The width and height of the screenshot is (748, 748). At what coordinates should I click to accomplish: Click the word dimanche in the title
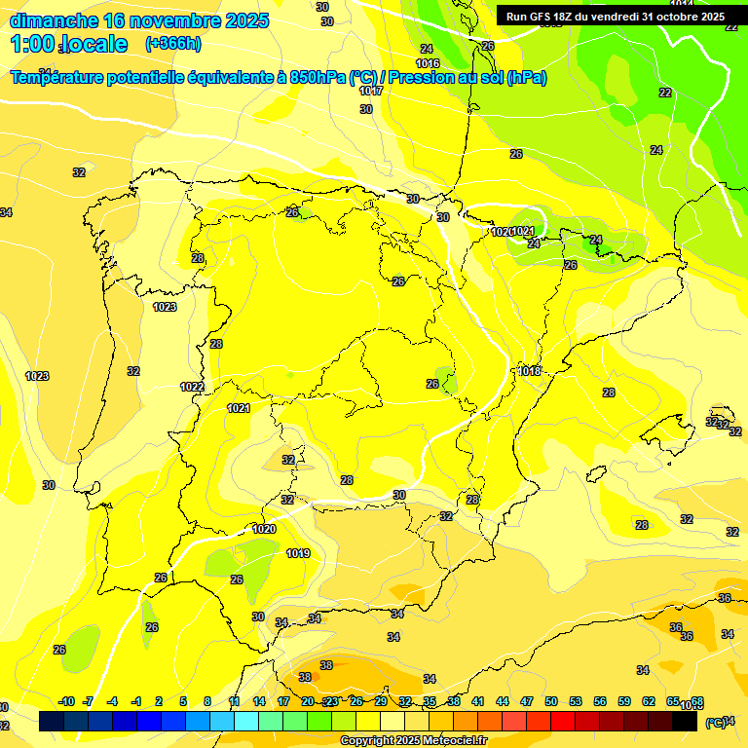click(x=53, y=20)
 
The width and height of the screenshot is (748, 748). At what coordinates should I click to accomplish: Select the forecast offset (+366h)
click(x=173, y=43)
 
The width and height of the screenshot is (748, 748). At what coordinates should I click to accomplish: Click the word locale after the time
click(x=94, y=44)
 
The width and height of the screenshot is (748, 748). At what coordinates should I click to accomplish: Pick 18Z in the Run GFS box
click(x=567, y=17)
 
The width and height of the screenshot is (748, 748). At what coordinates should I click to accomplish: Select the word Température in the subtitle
click(x=57, y=78)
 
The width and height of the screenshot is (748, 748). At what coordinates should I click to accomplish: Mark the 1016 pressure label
click(x=428, y=63)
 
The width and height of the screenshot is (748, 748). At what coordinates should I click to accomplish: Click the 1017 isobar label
click(x=370, y=91)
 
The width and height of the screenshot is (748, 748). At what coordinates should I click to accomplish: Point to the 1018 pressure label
click(x=529, y=371)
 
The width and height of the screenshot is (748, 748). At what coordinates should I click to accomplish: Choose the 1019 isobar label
click(x=298, y=553)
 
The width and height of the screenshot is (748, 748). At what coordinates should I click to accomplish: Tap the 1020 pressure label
click(x=264, y=529)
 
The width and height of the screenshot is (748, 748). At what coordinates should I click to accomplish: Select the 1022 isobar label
click(x=192, y=387)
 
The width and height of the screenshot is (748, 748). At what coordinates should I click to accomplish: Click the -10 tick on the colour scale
click(x=66, y=701)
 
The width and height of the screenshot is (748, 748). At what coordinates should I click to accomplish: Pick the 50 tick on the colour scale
click(x=551, y=701)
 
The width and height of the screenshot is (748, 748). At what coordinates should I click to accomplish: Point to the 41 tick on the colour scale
click(x=478, y=701)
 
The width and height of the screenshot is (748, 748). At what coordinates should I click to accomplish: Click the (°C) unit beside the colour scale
click(x=714, y=722)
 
